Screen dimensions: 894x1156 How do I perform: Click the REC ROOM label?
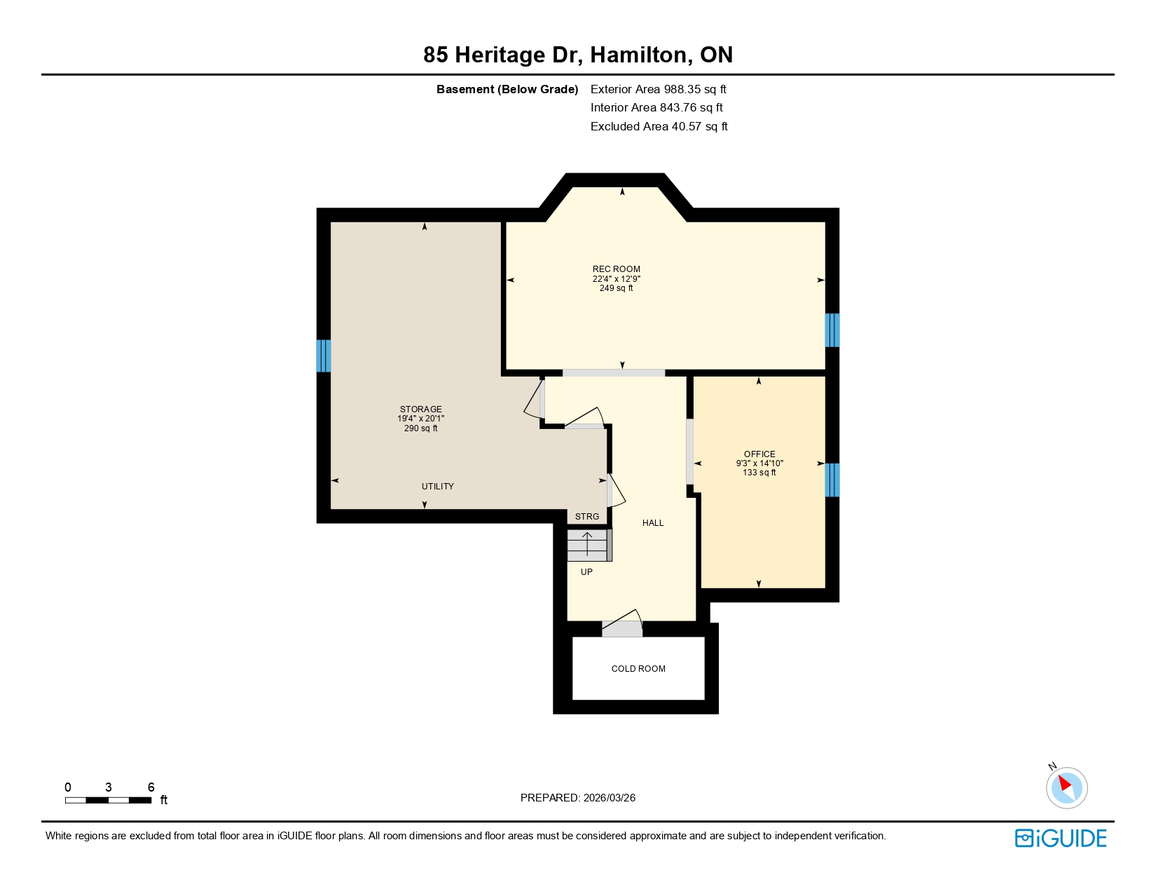tap(616, 269)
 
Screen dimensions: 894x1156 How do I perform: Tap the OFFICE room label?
tap(759, 454)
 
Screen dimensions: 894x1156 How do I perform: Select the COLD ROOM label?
tap(638, 669)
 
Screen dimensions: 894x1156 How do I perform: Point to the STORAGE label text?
tap(420, 409)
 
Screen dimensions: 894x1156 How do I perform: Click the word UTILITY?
tap(437, 487)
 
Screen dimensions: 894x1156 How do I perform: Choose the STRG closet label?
tap(586, 517)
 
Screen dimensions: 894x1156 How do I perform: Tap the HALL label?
tap(652, 523)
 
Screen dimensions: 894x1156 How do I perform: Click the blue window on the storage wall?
tap(324, 355)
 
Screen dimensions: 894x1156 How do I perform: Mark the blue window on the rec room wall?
tap(832, 330)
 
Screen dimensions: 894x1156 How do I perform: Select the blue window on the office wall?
tap(832, 480)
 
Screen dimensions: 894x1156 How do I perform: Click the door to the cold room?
tap(622, 628)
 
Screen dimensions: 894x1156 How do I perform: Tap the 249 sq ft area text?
tap(616, 288)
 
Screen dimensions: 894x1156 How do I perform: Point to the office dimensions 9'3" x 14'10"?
tap(759, 463)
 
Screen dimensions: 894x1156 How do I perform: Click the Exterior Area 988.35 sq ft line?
tap(658, 89)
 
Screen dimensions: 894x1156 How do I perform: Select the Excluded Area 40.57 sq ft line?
tap(659, 126)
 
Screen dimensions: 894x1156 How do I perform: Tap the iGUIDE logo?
tap(1060, 838)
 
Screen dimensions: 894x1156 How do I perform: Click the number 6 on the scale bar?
tap(151, 787)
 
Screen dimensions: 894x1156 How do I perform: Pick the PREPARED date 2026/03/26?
tap(577, 798)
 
